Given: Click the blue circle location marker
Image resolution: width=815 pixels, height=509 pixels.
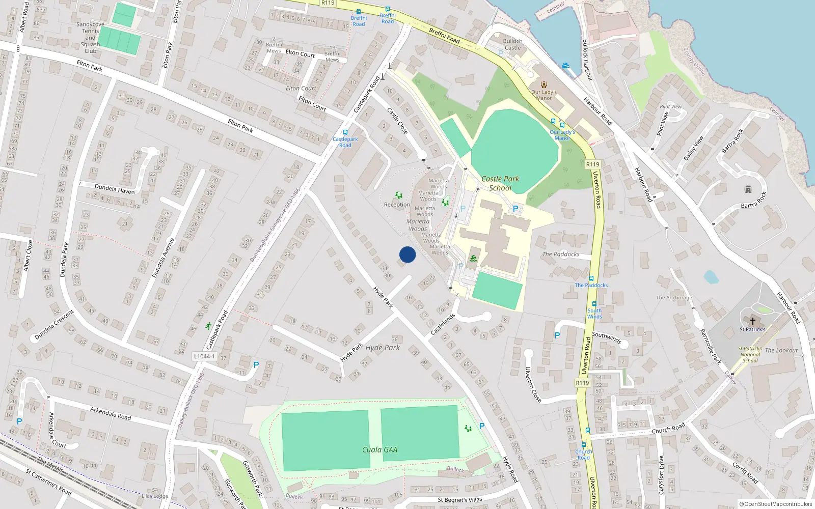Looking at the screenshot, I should coord(407,254).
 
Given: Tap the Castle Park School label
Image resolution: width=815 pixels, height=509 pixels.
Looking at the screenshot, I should coord(500,183).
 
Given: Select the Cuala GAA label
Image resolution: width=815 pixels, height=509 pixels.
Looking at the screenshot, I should coord(379,449).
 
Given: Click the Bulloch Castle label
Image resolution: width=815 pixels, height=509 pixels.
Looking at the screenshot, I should coord(512,44).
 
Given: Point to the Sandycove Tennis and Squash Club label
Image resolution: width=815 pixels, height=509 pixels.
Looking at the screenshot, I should coord(90,38).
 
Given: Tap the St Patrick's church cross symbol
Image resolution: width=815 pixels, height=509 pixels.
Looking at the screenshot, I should coord(752,321).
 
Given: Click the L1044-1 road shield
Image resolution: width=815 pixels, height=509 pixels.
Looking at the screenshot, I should coord(204,356).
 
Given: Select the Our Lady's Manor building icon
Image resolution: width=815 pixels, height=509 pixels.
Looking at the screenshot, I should coord(544,84).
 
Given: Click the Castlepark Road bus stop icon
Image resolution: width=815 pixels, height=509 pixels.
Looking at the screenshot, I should coord(345,132).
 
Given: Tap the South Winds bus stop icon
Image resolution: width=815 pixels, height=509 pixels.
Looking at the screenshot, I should coord(594,304).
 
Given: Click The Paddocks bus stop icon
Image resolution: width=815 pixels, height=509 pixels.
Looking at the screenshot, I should coord(591,278).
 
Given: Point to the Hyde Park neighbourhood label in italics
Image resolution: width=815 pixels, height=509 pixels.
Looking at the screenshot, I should coord(383,348).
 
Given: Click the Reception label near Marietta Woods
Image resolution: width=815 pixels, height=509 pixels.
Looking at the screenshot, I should coord(397,205).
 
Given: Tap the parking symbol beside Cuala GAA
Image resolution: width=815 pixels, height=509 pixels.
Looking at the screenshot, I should coord(482,426).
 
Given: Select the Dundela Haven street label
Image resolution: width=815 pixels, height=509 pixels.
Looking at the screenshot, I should coord(115,189).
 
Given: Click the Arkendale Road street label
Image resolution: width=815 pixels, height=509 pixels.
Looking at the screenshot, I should coord(111,413).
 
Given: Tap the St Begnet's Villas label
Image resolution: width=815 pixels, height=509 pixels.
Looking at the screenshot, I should coord(460,500).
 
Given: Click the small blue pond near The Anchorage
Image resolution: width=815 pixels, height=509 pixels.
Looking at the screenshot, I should coord(711,277).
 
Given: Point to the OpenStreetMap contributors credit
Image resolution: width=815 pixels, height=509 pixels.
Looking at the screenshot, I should coord(776,504).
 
